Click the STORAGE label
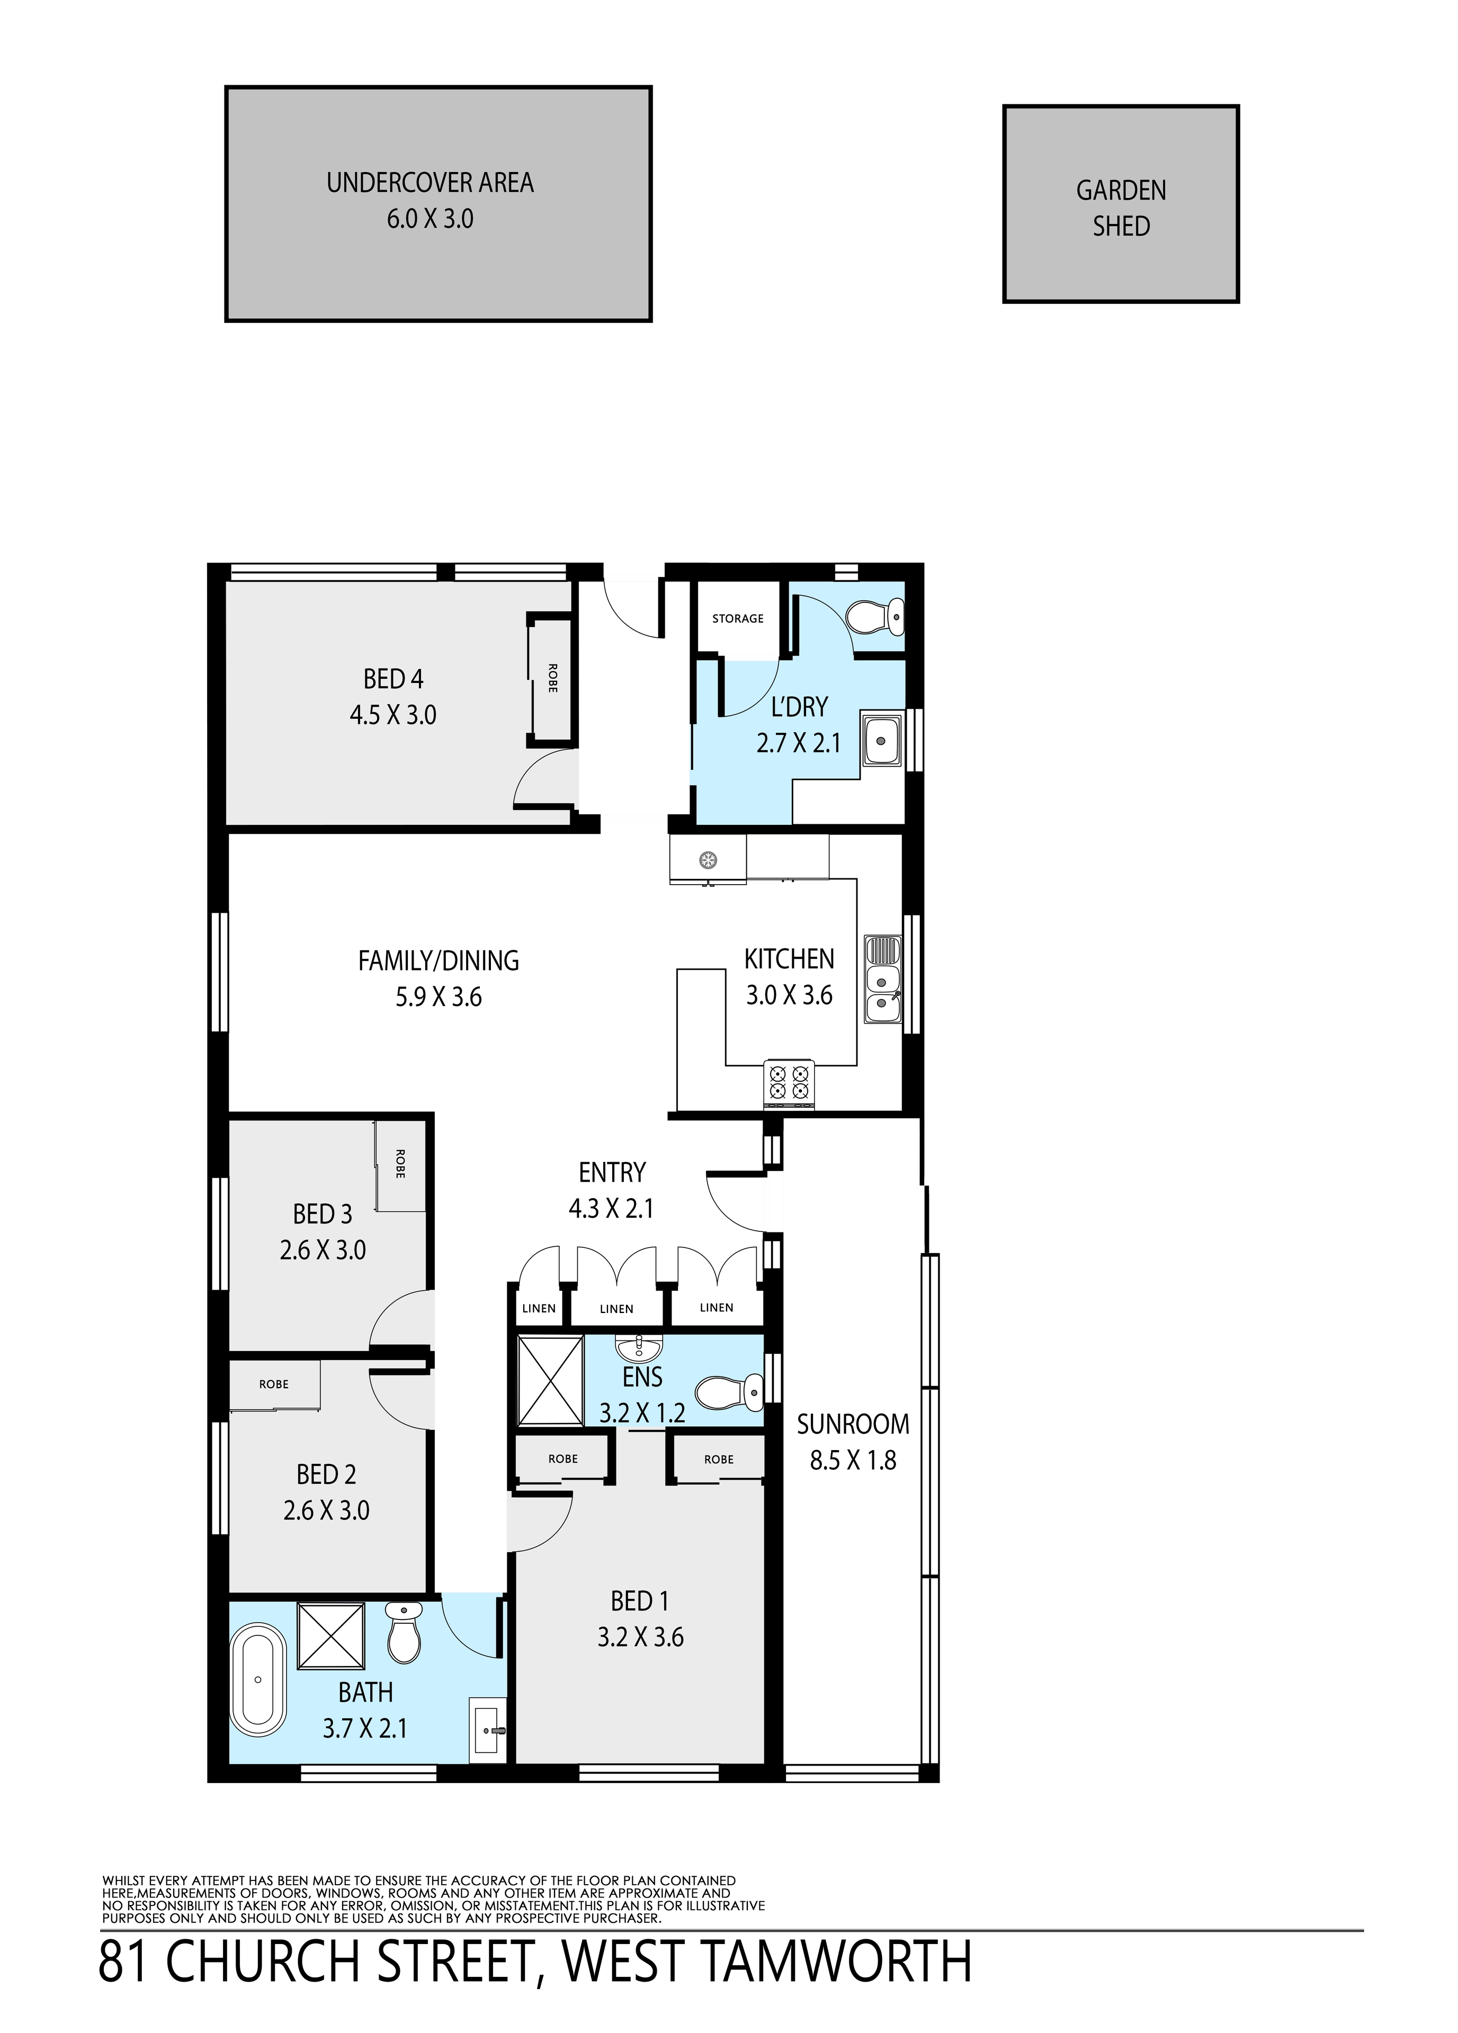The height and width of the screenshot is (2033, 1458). [738, 618]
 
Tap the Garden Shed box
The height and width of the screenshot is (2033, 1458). [1121, 204]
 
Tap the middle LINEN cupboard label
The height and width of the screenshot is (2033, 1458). [617, 1309]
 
